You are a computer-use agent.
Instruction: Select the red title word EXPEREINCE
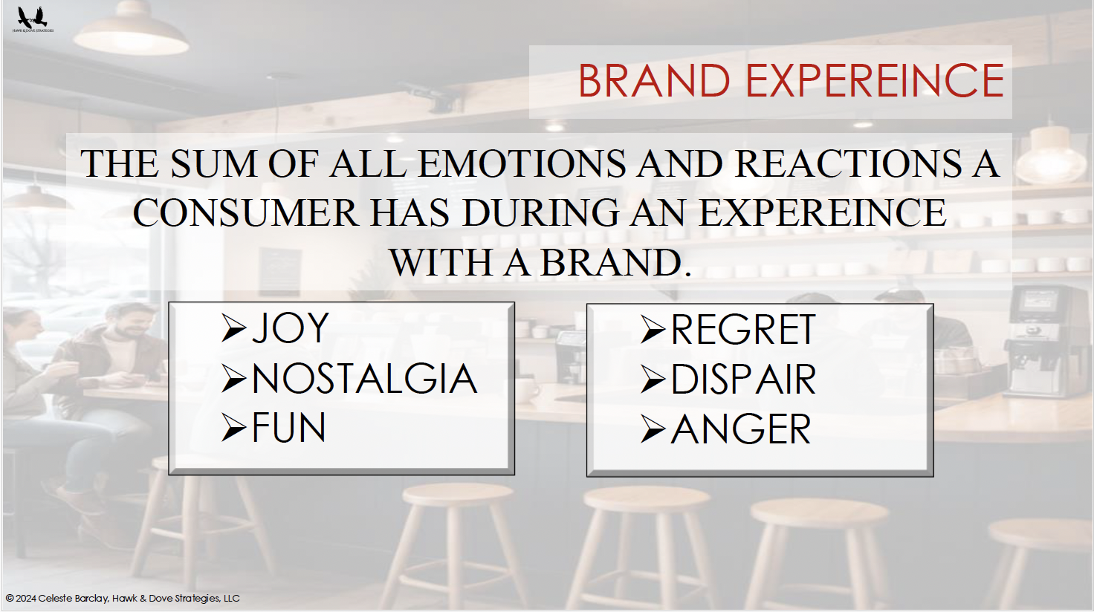(875, 80)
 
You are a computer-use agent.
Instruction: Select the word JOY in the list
(290, 328)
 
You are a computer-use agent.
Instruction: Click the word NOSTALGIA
(364, 379)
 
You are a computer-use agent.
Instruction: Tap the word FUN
(288, 428)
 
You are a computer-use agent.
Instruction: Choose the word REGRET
(743, 330)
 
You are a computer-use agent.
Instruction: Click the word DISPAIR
(743, 380)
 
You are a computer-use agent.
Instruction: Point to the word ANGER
(741, 429)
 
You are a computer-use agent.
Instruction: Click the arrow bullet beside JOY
(233, 328)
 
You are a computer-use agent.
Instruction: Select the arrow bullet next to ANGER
(653, 429)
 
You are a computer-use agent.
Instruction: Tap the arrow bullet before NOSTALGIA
(233, 379)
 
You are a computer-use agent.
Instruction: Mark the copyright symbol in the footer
(10, 599)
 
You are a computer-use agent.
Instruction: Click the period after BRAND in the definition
(687, 274)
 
